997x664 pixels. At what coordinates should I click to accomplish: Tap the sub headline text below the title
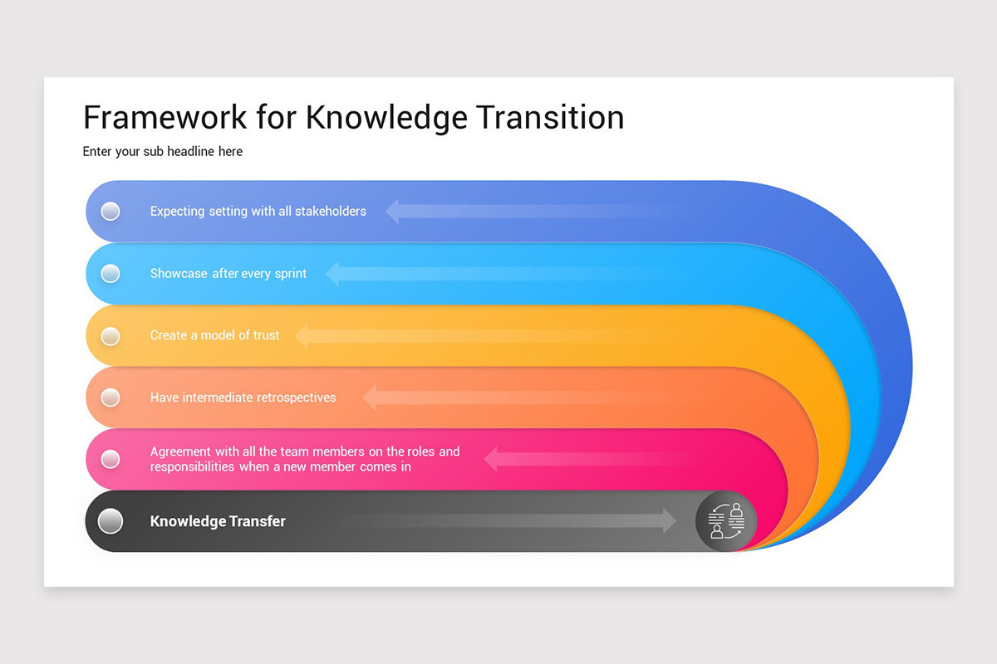click(163, 152)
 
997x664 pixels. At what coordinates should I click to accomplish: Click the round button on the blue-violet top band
click(111, 211)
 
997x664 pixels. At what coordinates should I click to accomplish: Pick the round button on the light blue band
click(111, 273)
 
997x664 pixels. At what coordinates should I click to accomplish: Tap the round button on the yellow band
click(111, 335)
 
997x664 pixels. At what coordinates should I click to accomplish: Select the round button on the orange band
click(111, 398)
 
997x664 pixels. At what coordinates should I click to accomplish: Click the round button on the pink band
click(111, 459)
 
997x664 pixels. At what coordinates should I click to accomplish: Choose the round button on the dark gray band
click(111, 521)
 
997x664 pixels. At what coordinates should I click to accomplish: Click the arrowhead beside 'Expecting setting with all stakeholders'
click(392, 211)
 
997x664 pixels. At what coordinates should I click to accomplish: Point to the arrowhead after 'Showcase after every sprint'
click(332, 273)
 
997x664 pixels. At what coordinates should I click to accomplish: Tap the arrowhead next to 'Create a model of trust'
click(302, 335)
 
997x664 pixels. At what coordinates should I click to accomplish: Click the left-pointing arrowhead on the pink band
click(491, 459)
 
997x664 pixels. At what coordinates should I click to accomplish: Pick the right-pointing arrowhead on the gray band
click(669, 521)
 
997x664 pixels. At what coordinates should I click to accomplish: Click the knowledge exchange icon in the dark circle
click(726, 521)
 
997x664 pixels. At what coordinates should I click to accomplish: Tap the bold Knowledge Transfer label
click(218, 521)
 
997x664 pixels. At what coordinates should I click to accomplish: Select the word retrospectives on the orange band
click(296, 398)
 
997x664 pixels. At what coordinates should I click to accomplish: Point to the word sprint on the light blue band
click(291, 274)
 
